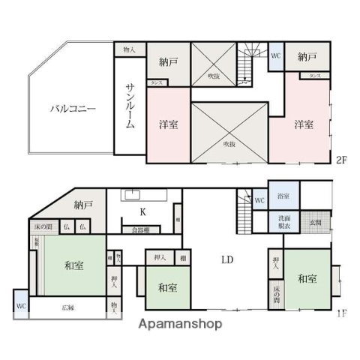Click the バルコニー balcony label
coord(72,109)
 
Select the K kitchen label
coord(142,211)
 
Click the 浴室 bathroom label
coord(283,197)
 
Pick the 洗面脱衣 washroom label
coord(283,222)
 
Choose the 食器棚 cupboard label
coord(141,229)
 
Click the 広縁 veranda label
coord(67,307)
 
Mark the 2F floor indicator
coord(340,160)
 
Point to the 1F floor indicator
coord(340,313)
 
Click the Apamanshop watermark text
coord(179,325)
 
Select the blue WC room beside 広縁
coord(20,307)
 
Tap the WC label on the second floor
coord(275,55)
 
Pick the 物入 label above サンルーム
coord(129,49)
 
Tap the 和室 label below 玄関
coord(307,279)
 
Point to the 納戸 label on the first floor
coord(82,204)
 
